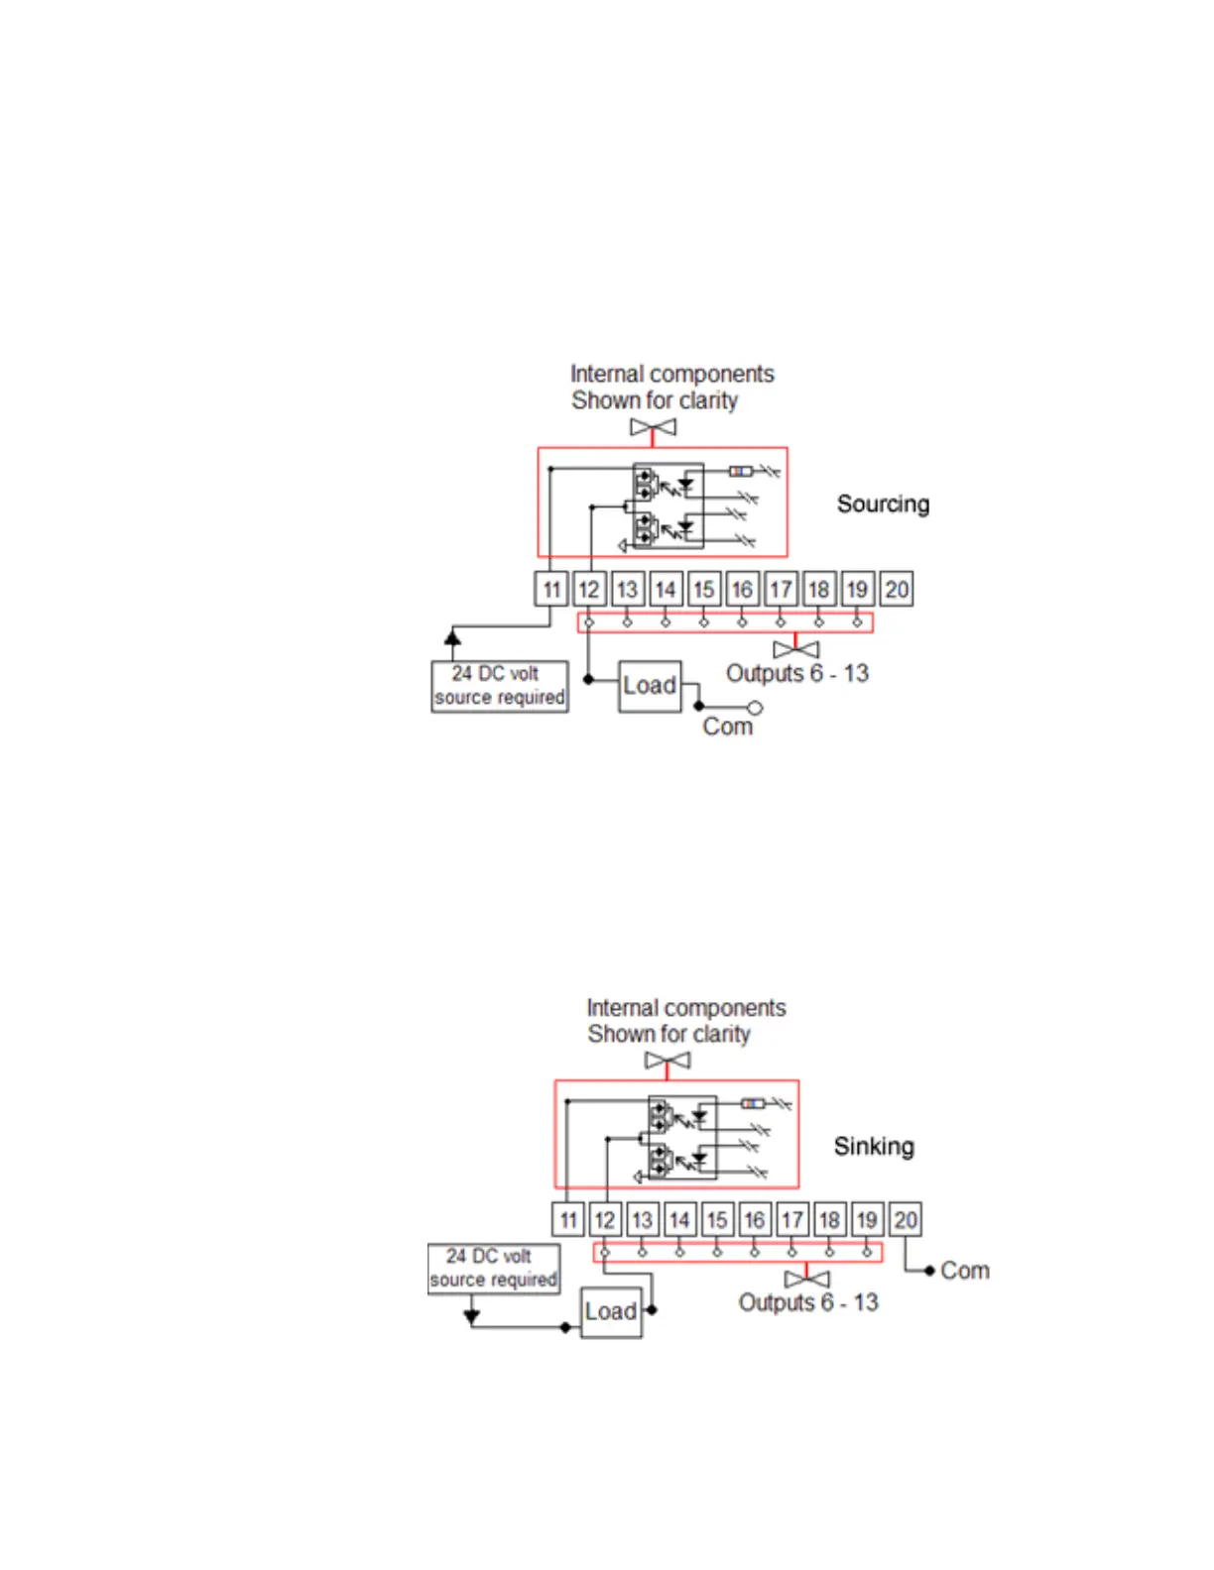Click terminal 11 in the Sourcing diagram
click(x=551, y=590)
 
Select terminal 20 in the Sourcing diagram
click(x=897, y=590)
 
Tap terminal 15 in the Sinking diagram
click(x=717, y=1219)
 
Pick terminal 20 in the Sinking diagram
click(x=905, y=1219)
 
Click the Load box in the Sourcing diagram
click(x=650, y=686)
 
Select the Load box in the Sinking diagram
click(x=611, y=1311)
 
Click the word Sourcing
click(x=883, y=504)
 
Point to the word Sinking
click(x=874, y=1147)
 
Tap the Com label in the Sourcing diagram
click(x=727, y=727)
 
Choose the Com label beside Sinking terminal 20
click(x=965, y=1271)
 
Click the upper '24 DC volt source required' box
click(x=500, y=686)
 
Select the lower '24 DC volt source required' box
click(x=493, y=1269)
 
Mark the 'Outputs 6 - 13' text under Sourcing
click(x=797, y=674)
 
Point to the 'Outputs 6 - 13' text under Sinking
click(x=808, y=1302)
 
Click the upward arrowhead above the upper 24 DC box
click(x=452, y=636)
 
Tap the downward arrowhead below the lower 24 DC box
click(x=472, y=1316)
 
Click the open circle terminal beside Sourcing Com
click(x=755, y=708)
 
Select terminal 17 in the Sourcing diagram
click(x=781, y=590)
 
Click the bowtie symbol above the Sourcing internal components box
click(x=653, y=427)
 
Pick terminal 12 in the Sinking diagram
click(x=604, y=1219)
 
